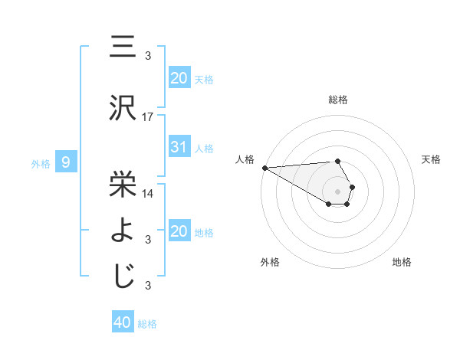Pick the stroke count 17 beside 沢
[x=148, y=117]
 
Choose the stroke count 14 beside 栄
[x=148, y=193]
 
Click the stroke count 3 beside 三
[x=148, y=56]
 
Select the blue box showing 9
[x=66, y=162]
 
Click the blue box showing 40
[x=123, y=322]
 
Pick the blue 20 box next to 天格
[x=179, y=77]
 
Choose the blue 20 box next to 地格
[x=179, y=231]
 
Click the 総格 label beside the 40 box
[x=148, y=324]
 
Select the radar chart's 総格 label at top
[x=337, y=100]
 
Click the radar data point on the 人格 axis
[x=264, y=168]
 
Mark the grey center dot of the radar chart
[x=337, y=190]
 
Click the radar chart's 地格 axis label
[x=402, y=262]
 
